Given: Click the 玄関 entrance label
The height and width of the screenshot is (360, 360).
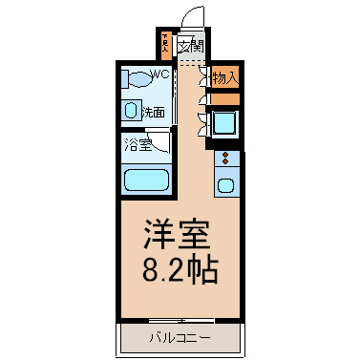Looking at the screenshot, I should pyautogui.click(x=192, y=44).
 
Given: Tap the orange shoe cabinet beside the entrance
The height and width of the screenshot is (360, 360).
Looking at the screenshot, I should pyautogui.click(x=166, y=45).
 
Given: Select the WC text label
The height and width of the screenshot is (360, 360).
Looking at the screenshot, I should pyautogui.click(x=159, y=74).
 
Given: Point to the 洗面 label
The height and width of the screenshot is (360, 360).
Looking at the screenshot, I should pyautogui.click(x=153, y=112).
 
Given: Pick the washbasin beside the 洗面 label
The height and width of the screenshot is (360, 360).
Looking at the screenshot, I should pyautogui.click(x=131, y=111).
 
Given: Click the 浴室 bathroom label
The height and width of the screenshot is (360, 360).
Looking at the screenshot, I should pyautogui.click(x=137, y=146).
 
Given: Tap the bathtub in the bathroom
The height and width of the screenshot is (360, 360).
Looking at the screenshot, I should pyautogui.click(x=146, y=179).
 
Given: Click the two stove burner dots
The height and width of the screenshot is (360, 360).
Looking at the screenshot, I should pyautogui.click(x=225, y=158).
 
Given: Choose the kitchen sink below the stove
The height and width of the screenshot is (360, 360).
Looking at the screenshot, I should pyautogui.click(x=227, y=183).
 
